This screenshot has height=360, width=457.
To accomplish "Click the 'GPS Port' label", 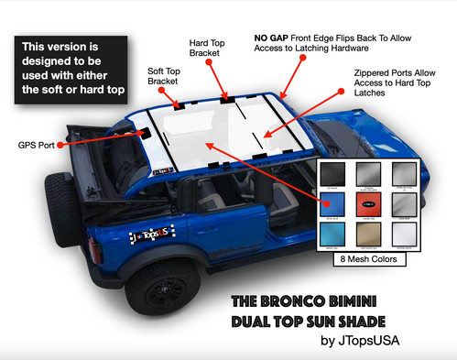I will click(35, 145).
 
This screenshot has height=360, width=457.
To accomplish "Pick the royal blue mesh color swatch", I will click(332, 203).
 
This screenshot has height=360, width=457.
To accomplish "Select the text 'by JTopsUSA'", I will click(377, 342).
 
